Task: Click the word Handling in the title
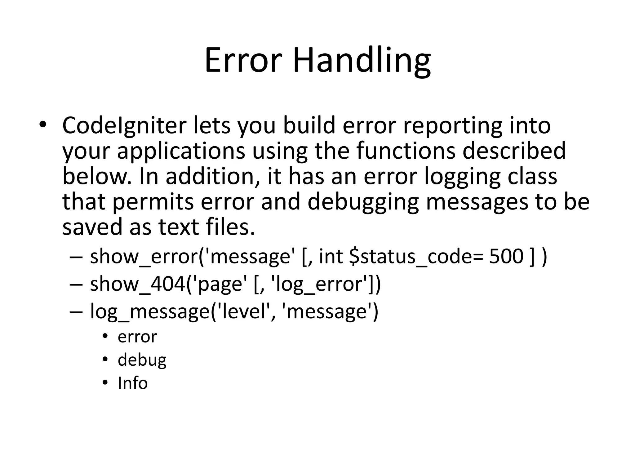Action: (362, 60)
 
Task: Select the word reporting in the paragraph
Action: (452, 126)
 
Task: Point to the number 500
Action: (506, 256)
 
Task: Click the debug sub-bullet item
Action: (142, 360)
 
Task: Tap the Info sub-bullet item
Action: (133, 383)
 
